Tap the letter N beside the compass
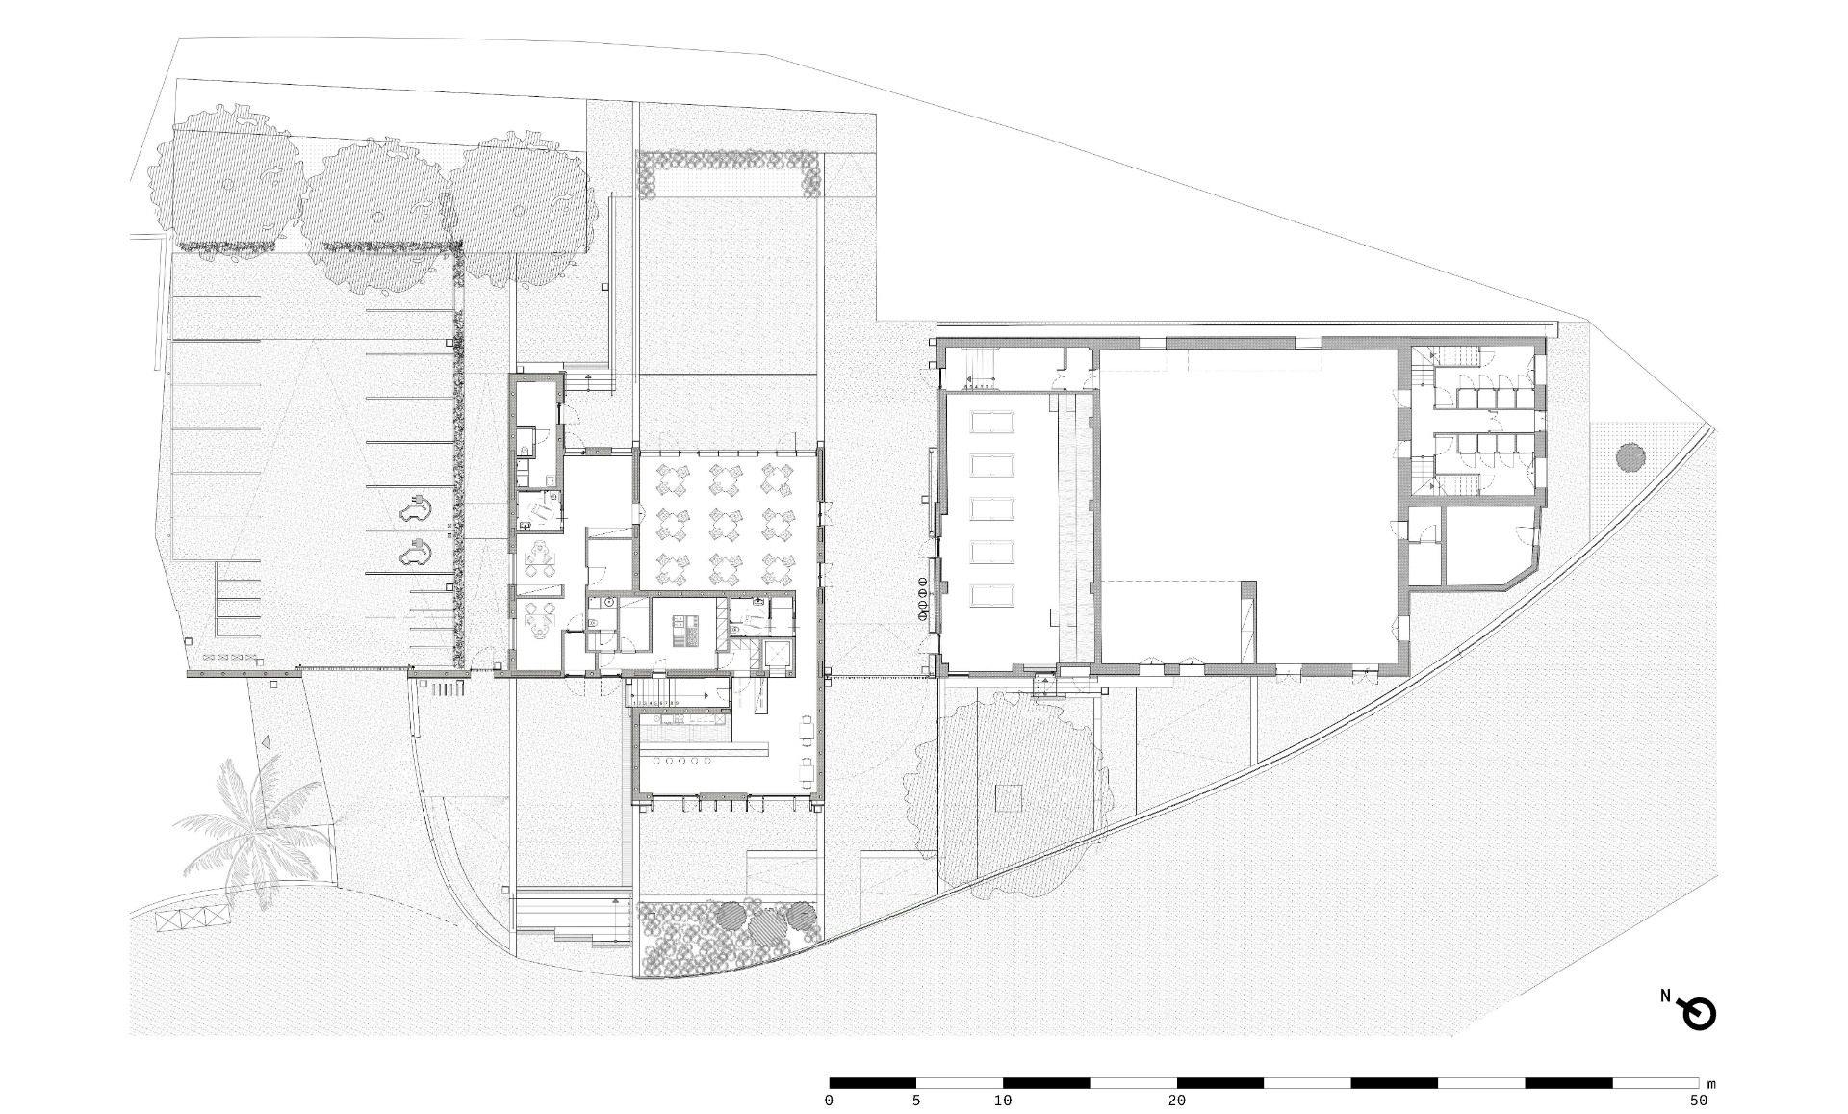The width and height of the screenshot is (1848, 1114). [1665, 997]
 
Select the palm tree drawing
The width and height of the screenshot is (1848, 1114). [252, 830]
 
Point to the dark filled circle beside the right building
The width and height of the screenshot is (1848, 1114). [1630, 456]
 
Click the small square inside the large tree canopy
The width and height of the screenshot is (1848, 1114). [1008, 797]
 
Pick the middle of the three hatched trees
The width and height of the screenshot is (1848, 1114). [376, 213]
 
